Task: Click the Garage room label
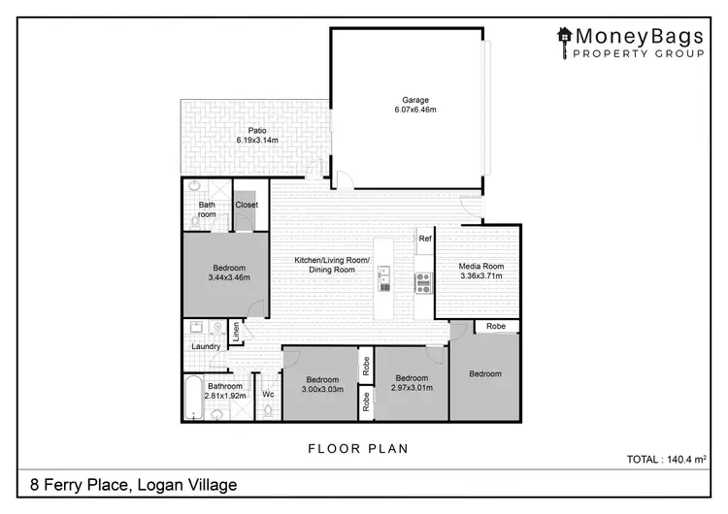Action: click(x=415, y=100)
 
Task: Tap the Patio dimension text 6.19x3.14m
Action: click(x=257, y=141)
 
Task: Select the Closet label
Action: click(x=247, y=205)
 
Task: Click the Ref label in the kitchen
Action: click(x=424, y=238)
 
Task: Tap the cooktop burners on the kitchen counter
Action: click(x=423, y=282)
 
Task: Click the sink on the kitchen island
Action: click(x=384, y=278)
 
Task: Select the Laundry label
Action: click(x=206, y=346)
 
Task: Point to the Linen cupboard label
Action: click(x=235, y=334)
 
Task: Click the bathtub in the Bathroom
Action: click(x=192, y=397)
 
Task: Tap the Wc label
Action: click(x=268, y=394)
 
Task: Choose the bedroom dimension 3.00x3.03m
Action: click(x=321, y=389)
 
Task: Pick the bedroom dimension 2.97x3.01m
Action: click(x=412, y=388)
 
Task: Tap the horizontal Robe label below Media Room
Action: click(x=496, y=326)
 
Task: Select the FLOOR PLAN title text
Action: click(x=357, y=448)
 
